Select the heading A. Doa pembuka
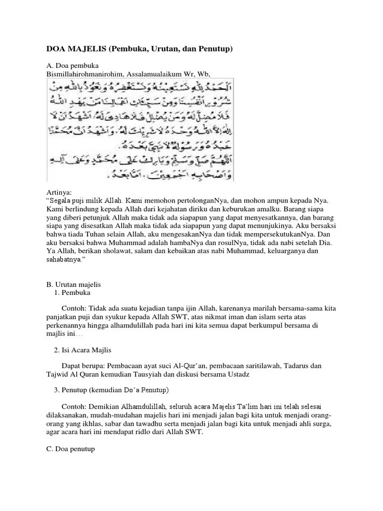73,66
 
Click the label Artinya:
59,192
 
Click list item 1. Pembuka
73,292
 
